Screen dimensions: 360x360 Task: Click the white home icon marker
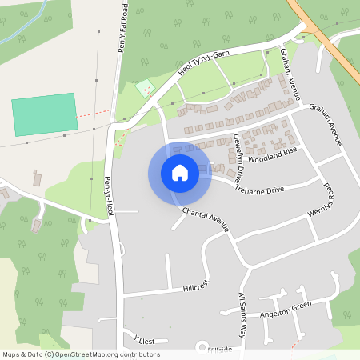tap(180, 173)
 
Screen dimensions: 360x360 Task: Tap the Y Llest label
tap(143, 341)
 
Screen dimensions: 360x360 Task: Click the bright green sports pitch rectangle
tap(46, 114)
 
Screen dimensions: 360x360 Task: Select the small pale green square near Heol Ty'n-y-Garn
tap(144, 88)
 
